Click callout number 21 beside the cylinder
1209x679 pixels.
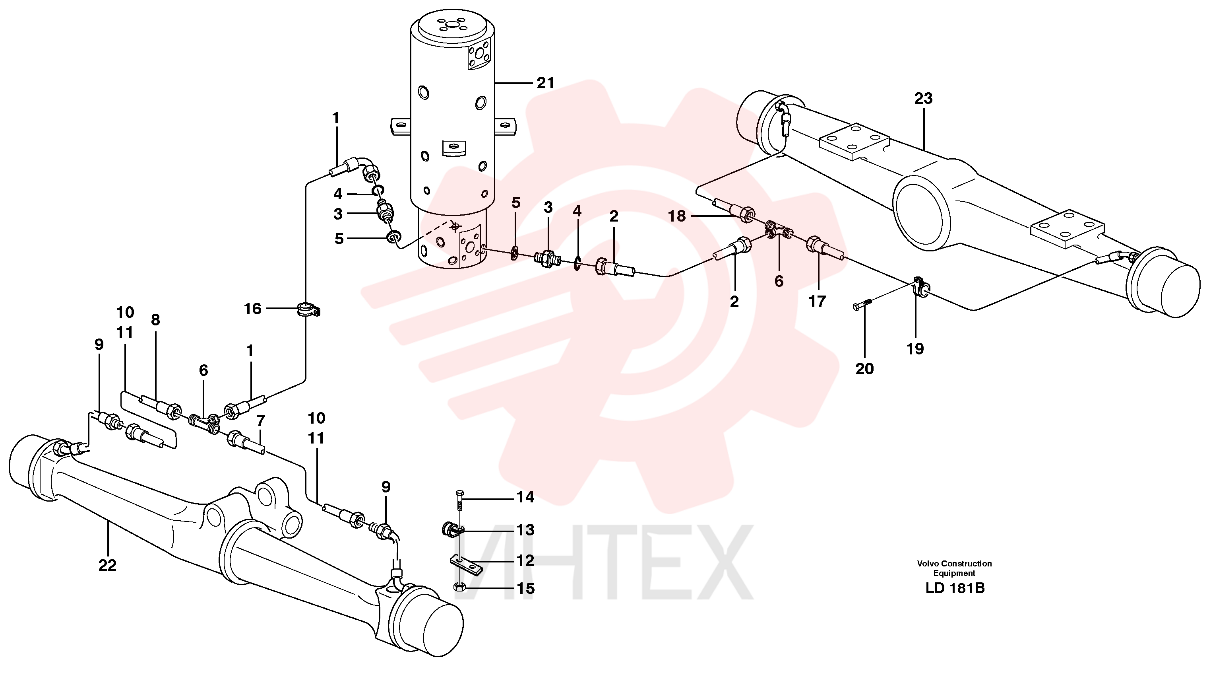pyautogui.click(x=545, y=83)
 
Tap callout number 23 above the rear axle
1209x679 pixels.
pyautogui.click(x=923, y=98)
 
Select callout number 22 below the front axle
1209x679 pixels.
pyautogui.click(x=107, y=565)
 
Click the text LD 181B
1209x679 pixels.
pyautogui.click(x=955, y=588)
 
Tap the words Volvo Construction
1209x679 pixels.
pyautogui.click(x=955, y=564)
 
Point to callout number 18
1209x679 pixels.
pyautogui.click(x=677, y=216)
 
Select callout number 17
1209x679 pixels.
pyautogui.click(x=817, y=301)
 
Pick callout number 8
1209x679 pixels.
pyautogui.click(x=155, y=320)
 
